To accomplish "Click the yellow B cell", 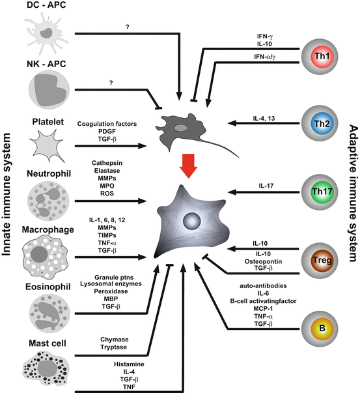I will coord(320,326).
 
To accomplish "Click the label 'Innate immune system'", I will coord(10,196).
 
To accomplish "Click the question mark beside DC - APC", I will coord(122,27).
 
